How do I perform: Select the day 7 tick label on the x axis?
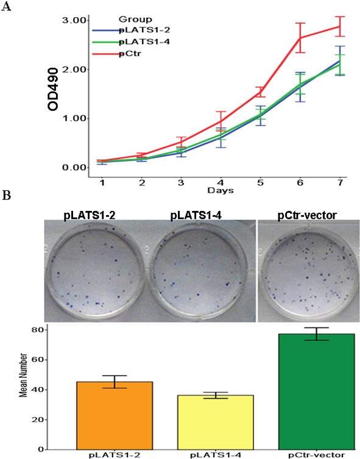[339, 182]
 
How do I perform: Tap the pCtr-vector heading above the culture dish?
[306, 214]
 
